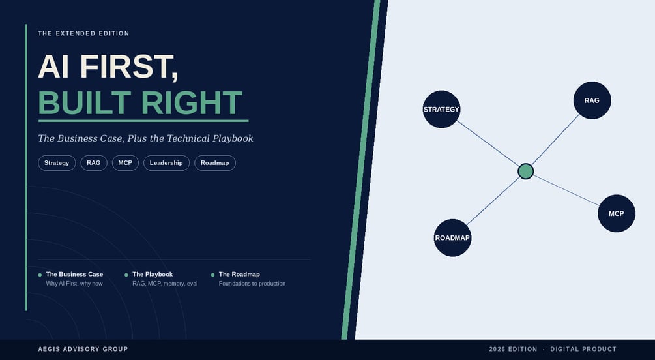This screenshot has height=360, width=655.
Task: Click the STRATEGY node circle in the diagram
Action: [x=441, y=109]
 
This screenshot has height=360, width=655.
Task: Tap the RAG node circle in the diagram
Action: [x=592, y=100]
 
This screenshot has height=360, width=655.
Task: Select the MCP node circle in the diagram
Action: [x=617, y=213]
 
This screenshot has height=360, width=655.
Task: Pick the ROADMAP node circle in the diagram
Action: [x=452, y=238]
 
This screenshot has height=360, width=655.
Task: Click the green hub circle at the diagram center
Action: [x=525, y=172]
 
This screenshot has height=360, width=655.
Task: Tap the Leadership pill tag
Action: [x=166, y=163]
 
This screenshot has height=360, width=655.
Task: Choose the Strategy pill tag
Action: [x=57, y=163]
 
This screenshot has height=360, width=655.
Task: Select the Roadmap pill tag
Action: [x=214, y=163]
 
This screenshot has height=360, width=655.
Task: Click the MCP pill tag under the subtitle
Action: [x=125, y=163]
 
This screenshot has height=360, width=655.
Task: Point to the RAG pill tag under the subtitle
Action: [x=94, y=163]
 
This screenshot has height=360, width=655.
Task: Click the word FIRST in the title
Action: [x=129, y=67]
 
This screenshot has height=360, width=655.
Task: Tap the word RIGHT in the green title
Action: [x=192, y=102]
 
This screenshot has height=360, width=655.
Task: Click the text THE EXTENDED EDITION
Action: [x=83, y=33]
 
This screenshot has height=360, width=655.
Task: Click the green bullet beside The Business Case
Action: [x=40, y=275]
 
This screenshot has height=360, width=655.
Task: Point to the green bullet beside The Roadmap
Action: [x=212, y=275]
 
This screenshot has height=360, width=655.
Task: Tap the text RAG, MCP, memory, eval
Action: [x=165, y=284]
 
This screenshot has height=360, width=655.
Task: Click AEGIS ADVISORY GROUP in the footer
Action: [x=83, y=349]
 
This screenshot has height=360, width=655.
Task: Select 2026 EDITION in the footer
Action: [x=513, y=349]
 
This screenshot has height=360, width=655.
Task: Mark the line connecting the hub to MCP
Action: [x=566, y=190]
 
